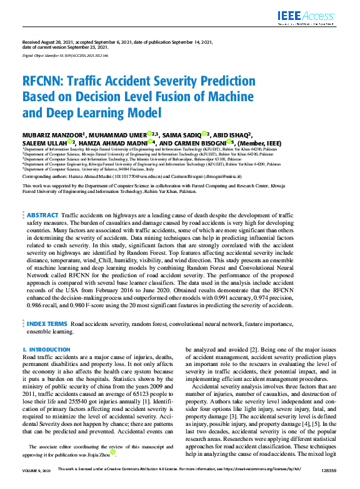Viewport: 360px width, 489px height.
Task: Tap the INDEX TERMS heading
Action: tap(47, 324)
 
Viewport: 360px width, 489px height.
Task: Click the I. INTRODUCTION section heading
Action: tap(47, 350)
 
